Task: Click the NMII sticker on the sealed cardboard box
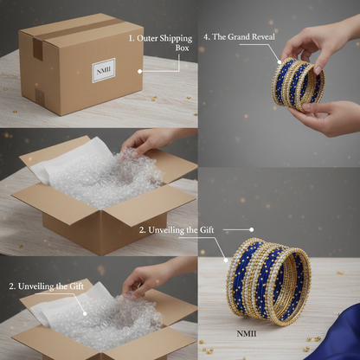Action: point(104,70)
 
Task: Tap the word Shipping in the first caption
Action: point(176,38)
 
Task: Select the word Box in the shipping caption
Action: point(183,48)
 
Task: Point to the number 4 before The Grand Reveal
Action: point(206,37)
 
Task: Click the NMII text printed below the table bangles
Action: point(247,334)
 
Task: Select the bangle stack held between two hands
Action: point(298,85)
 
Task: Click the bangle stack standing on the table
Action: point(268,281)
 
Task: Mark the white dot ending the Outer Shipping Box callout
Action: point(140,71)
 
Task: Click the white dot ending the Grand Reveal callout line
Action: point(280,61)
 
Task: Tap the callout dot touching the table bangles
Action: point(226,260)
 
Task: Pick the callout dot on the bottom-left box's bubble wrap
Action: point(85,313)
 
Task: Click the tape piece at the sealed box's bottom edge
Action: point(40,96)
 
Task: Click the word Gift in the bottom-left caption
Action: point(77,286)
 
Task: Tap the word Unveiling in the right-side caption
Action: point(166,230)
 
